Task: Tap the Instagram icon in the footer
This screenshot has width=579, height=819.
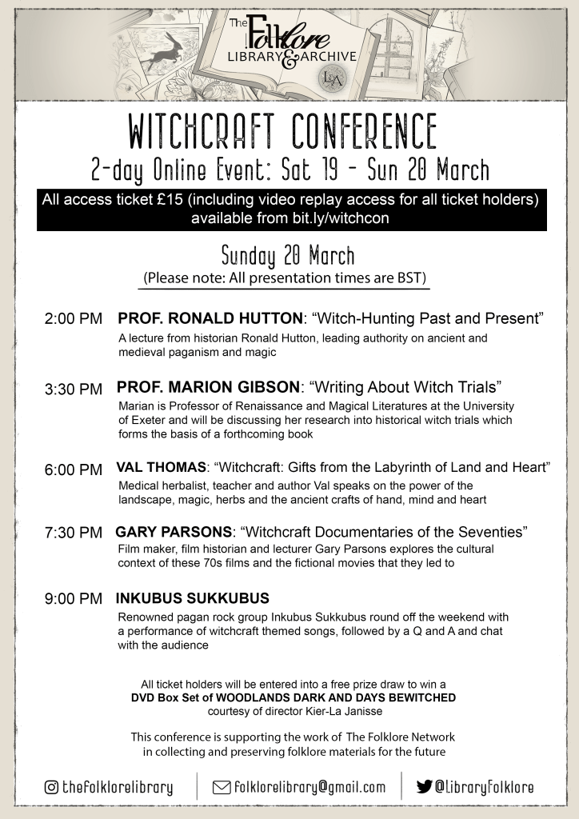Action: coord(51,787)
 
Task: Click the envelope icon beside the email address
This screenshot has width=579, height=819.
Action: coord(222,787)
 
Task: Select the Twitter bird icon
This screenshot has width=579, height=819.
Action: coord(424,787)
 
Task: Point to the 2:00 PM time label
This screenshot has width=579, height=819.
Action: coord(74,319)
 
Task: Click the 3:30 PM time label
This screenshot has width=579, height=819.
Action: coord(74,390)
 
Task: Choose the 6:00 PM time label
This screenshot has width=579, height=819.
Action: coord(74,469)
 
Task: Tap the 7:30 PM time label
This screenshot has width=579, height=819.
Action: coord(74,532)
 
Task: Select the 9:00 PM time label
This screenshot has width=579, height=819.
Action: coord(74,598)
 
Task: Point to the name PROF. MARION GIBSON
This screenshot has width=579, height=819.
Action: coord(208,389)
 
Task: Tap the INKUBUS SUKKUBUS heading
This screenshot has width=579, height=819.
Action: coord(192,598)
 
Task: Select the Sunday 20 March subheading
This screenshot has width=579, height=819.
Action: coord(287,257)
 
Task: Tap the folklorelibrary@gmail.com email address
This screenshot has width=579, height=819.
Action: coord(309,787)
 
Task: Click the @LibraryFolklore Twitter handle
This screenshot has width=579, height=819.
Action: coord(484,787)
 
